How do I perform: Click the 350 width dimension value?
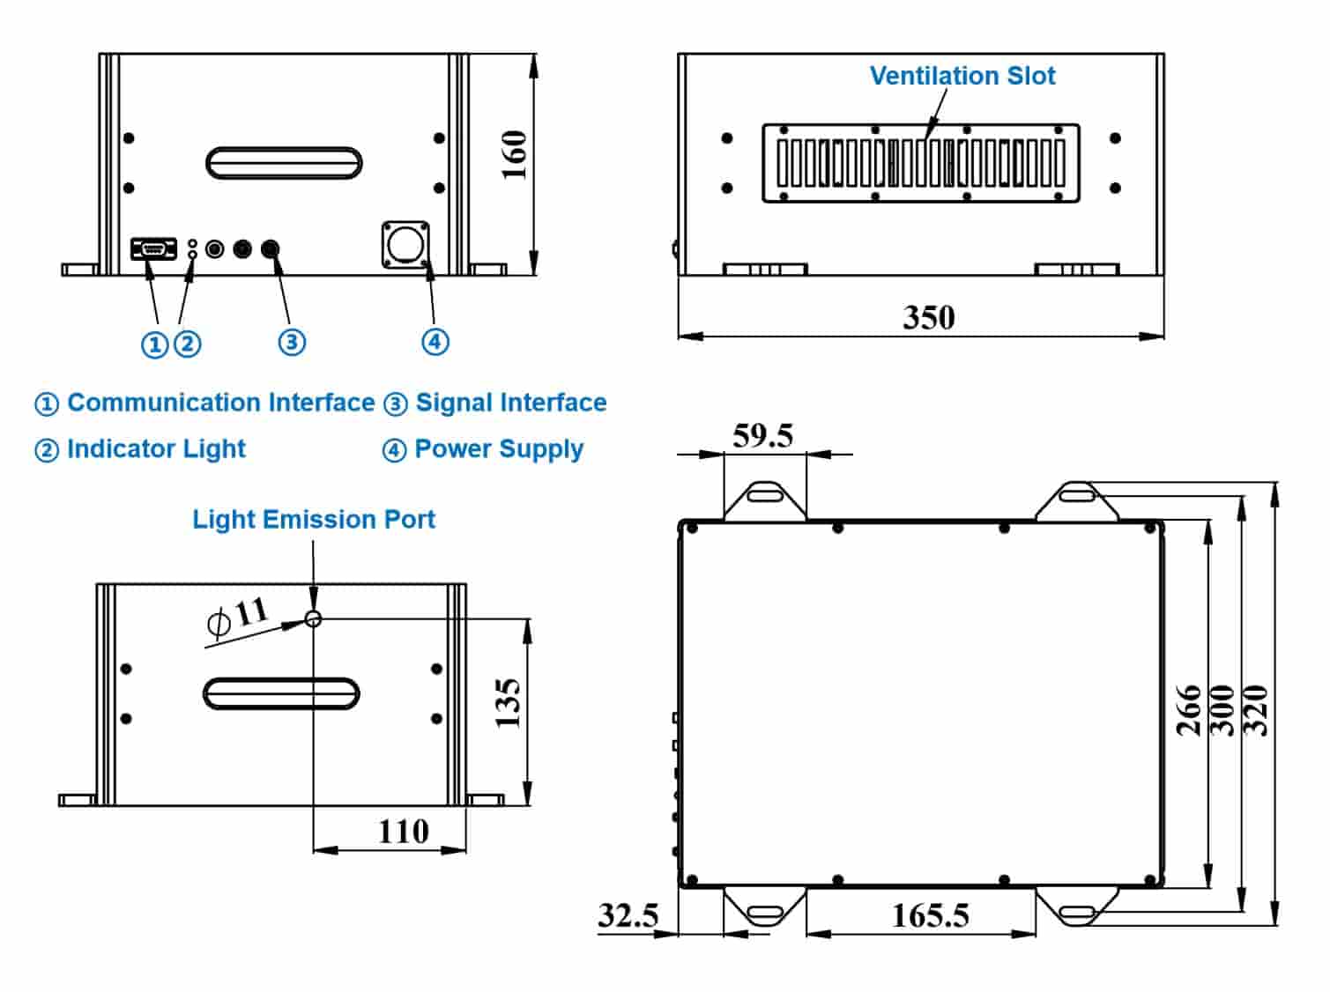(928, 317)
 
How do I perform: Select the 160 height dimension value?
(514, 155)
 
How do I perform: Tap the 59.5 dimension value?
(762, 435)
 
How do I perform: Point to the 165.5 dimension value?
(930, 915)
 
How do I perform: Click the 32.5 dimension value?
(628, 915)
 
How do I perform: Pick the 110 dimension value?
(403, 831)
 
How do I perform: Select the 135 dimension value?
(509, 702)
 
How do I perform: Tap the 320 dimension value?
(1255, 710)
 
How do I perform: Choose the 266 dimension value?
(1189, 710)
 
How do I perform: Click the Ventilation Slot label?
(962, 76)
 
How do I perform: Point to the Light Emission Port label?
(314, 519)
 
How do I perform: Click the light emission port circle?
(313, 618)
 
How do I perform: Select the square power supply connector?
(405, 244)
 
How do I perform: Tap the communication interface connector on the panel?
(153, 249)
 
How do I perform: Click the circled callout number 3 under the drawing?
(292, 342)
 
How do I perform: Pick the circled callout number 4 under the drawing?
(435, 342)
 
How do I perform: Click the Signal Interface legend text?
(510, 403)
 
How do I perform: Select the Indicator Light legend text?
(156, 448)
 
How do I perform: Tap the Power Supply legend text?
(499, 448)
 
